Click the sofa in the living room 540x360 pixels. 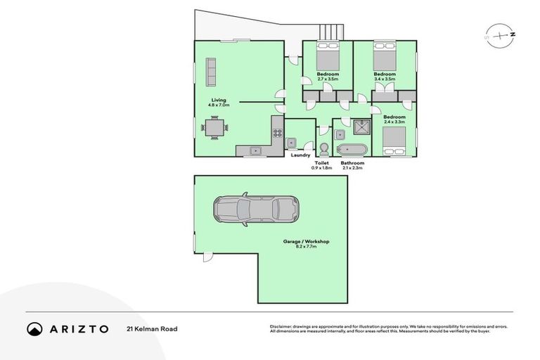pyautogui.click(x=210, y=70)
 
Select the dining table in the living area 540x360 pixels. pyautogui.click(x=214, y=128)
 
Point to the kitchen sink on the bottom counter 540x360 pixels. pyautogui.click(x=255, y=149)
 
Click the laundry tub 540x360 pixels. pyautogui.click(x=292, y=142)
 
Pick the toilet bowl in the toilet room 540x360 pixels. pyautogui.click(x=324, y=148)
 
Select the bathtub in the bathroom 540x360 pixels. pyautogui.click(x=352, y=149)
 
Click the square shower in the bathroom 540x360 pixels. pyautogui.click(x=362, y=127)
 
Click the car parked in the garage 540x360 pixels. pyautogui.click(x=256, y=210)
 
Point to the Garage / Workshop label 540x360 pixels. pyautogui.click(x=306, y=241)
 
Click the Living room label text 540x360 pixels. pyautogui.click(x=218, y=100)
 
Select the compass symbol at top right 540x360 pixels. pyautogui.click(x=500, y=34)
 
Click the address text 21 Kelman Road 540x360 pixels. pyautogui.click(x=152, y=328)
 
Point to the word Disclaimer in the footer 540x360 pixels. pyautogui.click(x=281, y=326)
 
